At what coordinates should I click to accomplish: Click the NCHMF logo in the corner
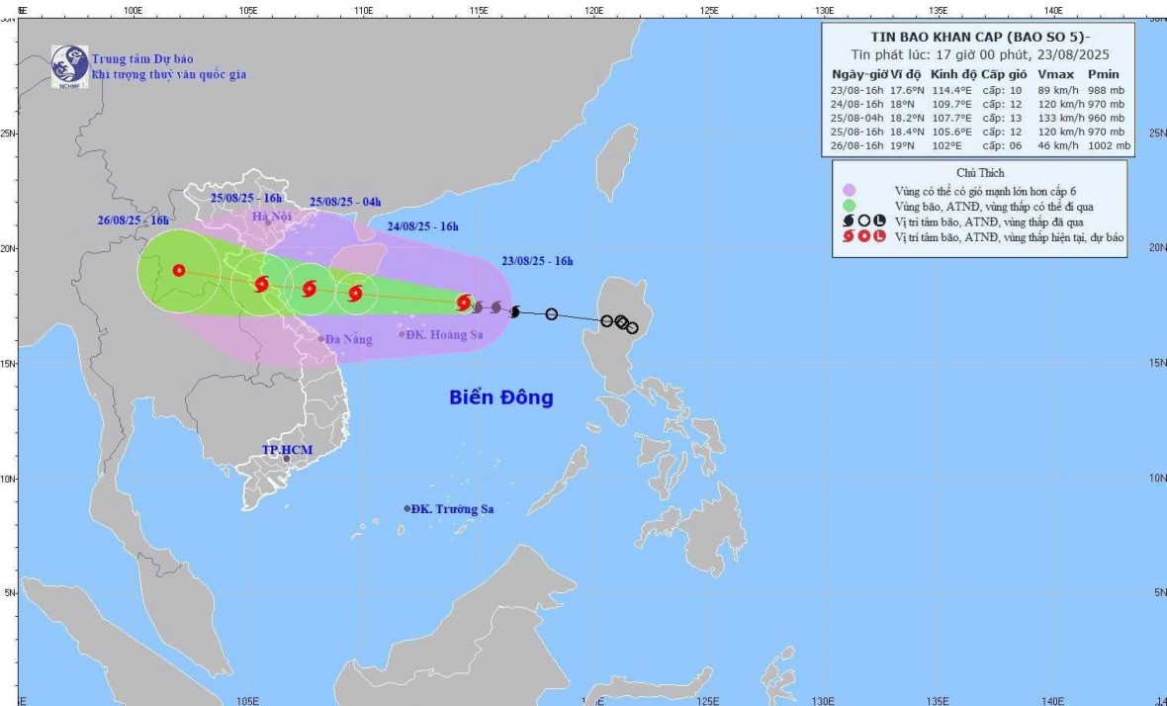70,65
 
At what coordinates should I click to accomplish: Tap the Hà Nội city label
273,217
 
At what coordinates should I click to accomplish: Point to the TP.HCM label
286,450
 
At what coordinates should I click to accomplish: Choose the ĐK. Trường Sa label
452,509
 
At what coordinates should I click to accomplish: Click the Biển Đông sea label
500,398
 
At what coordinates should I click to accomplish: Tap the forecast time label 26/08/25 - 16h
134,220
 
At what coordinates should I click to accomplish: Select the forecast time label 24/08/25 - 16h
421,226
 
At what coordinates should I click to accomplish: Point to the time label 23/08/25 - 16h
537,261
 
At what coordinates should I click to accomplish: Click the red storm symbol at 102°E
179,270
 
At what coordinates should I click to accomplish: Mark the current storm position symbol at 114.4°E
463,302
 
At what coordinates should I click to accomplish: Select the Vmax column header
1053,74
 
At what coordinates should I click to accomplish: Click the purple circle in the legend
849,191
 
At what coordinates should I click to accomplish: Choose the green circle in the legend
849,207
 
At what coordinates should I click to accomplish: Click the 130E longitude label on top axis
824,10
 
